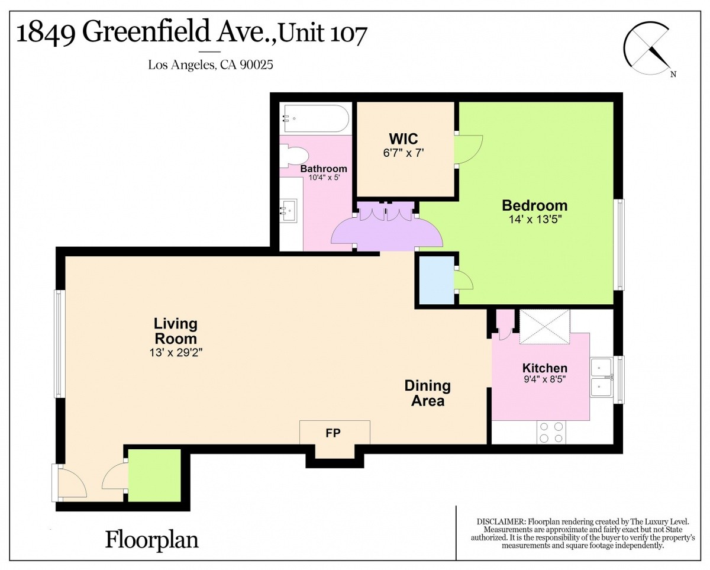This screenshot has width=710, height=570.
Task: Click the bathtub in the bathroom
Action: [x=316, y=118]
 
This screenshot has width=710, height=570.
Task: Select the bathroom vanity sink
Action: [x=288, y=211]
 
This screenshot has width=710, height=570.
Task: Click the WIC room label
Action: [x=403, y=139]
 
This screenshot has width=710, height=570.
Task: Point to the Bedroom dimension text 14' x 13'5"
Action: [x=535, y=219]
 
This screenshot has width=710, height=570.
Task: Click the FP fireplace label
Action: [x=333, y=433]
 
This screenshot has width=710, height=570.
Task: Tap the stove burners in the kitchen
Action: [x=551, y=432]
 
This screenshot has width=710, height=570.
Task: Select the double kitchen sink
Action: [x=601, y=377]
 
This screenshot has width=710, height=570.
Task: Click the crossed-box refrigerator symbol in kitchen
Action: [x=545, y=327]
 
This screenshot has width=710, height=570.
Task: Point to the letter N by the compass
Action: [x=673, y=74]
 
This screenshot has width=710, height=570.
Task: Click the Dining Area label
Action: [x=428, y=393]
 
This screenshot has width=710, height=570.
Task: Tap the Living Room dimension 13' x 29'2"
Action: [x=176, y=353]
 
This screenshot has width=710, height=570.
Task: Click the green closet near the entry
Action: [x=154, y=475]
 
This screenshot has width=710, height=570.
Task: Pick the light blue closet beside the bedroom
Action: [x=437, y=280]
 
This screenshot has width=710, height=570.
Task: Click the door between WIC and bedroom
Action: [x=469, y=149]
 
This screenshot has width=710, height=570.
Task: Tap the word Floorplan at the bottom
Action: [x=152, y=540]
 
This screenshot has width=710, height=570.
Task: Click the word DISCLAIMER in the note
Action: [x=501, y=522]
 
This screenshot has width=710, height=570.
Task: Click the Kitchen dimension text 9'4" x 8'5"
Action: [x=545, y=379]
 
